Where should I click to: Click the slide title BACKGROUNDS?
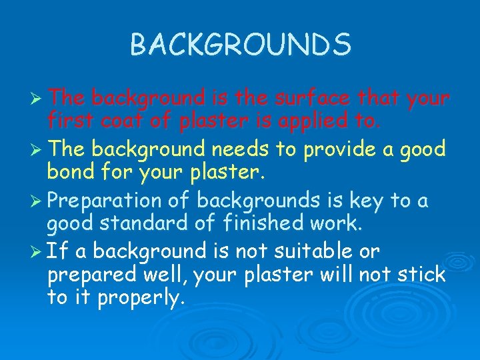[x=240, y=45]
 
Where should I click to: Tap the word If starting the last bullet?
[x=59, y=251]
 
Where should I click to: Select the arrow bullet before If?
[x=37, y=252]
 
